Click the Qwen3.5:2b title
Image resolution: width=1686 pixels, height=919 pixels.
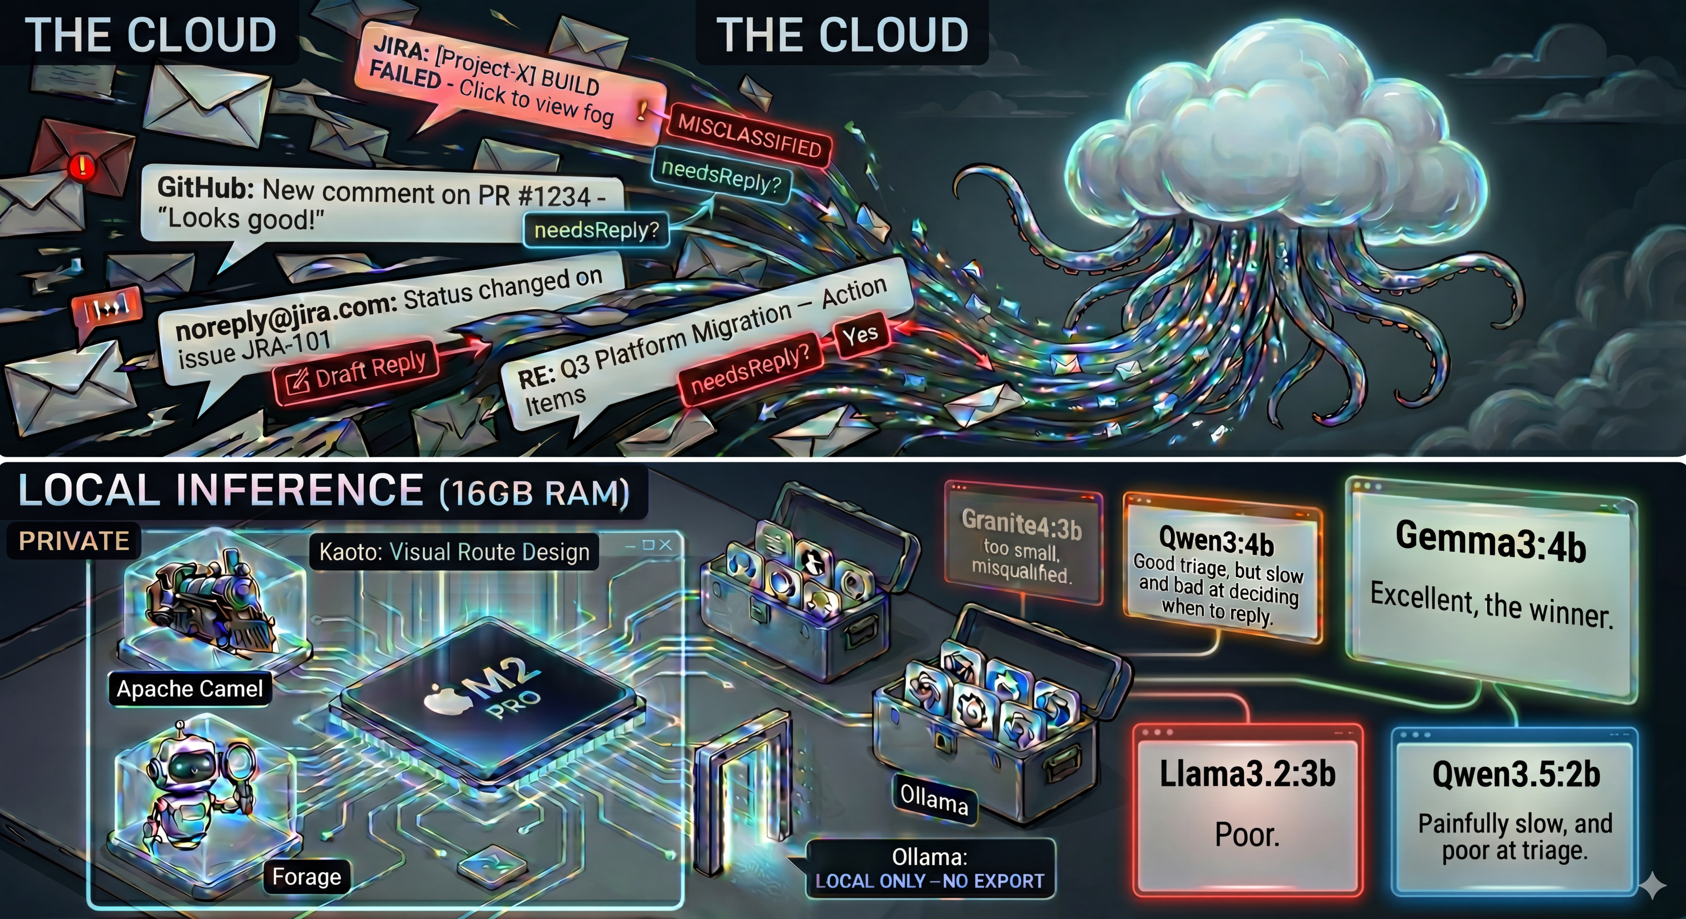tap(1516, 775)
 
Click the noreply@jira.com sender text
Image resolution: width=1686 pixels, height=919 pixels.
tap(285, 317)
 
